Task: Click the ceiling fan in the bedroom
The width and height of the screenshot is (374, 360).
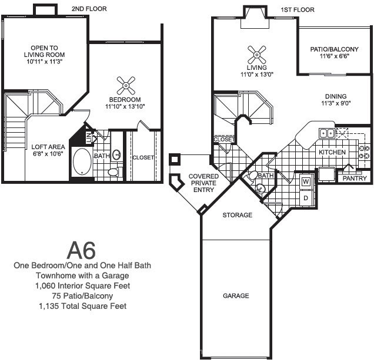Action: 126,86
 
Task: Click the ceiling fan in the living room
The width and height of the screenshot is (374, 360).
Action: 257,55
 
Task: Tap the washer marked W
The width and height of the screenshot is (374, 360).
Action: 306,182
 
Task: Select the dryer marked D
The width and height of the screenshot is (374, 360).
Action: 306,198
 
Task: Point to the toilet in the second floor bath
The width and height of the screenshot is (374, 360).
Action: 115,171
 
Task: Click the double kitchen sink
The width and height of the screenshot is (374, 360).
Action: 327,133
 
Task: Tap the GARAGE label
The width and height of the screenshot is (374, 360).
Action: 236,296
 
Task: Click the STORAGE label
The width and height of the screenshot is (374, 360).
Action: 238,215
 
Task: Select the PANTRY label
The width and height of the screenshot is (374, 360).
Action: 355,179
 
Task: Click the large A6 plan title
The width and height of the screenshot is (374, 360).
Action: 81,250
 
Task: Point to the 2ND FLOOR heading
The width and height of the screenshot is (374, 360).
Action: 89,9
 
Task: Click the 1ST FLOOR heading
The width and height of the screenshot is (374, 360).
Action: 298,10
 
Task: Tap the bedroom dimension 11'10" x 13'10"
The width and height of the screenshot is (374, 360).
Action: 125,106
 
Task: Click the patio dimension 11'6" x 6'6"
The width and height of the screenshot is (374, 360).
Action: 335,56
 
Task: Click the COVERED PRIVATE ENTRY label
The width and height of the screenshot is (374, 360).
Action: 203,183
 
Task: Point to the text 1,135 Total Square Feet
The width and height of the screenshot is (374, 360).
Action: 83,306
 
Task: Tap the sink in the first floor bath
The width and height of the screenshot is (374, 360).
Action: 260,189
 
